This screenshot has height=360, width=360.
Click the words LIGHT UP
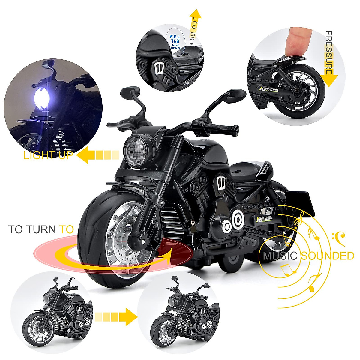pyautogui.click(x=48, y=155)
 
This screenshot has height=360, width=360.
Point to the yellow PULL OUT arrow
pyautogui.click(x=195, y=25)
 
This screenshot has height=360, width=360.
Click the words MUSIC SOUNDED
pyautogui.click(x=308, y=256)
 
